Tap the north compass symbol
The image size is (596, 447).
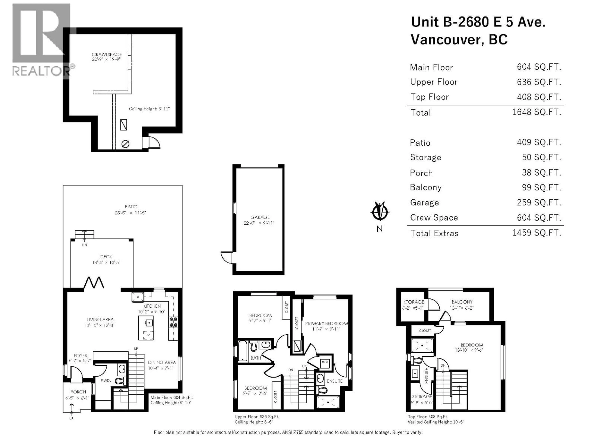click(x=380, y=212)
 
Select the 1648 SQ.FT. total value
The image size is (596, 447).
click(x=536, y=112)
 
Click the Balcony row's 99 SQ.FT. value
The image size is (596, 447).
click(x=541, y=187)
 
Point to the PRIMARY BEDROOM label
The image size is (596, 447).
click(x=326, y=323)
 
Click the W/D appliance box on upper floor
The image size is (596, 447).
click(x=325, y=362)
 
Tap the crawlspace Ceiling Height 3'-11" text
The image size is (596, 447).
click(x=149, y=109)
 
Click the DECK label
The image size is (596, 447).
click(x=106, y=257)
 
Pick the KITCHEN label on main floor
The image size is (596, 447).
click(x=152, y=306)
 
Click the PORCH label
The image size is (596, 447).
click(x=78, y=392)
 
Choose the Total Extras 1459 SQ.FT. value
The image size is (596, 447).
click(x=536, y=233)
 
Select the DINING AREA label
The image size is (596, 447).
click(x=162, y=362)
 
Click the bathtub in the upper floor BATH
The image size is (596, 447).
click(x=243, y=351)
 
